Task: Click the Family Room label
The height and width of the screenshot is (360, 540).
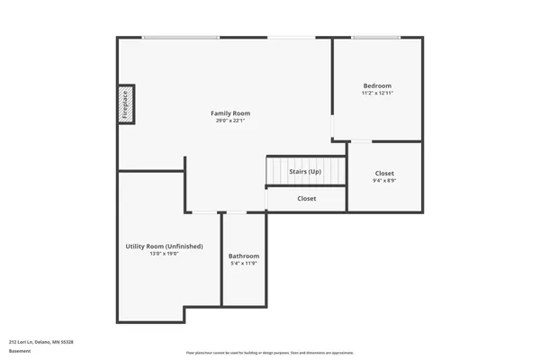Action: (230, 113)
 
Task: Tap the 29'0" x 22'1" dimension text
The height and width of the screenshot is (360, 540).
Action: (230, 121)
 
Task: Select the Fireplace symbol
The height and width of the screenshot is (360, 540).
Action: (126, 103)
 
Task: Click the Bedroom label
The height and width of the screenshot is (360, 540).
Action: (377, 85)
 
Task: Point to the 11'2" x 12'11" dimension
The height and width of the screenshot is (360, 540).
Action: (377, 93)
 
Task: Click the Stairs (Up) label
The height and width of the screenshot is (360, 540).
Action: (305, 171)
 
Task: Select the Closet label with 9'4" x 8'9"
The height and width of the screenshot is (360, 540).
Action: (383, 173)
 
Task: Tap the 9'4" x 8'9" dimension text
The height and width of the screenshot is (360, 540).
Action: (383, 180)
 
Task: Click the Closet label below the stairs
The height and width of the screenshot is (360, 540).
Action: (306, 198)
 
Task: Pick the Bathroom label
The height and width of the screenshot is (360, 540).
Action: (243, 256)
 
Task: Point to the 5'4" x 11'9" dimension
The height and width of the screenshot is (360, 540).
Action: (243, 263)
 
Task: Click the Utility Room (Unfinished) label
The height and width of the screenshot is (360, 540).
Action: (164, 246)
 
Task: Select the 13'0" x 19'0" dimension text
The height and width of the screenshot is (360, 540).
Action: (164, 253)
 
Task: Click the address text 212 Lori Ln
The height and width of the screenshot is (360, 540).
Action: (40, 341)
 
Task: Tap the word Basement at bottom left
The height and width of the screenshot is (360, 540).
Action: (20, 350)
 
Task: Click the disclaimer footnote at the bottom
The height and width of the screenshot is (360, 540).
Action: (269, 353)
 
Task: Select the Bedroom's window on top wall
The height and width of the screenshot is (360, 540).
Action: (376, 37)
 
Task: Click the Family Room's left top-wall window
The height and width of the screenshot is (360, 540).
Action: (180, 37)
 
